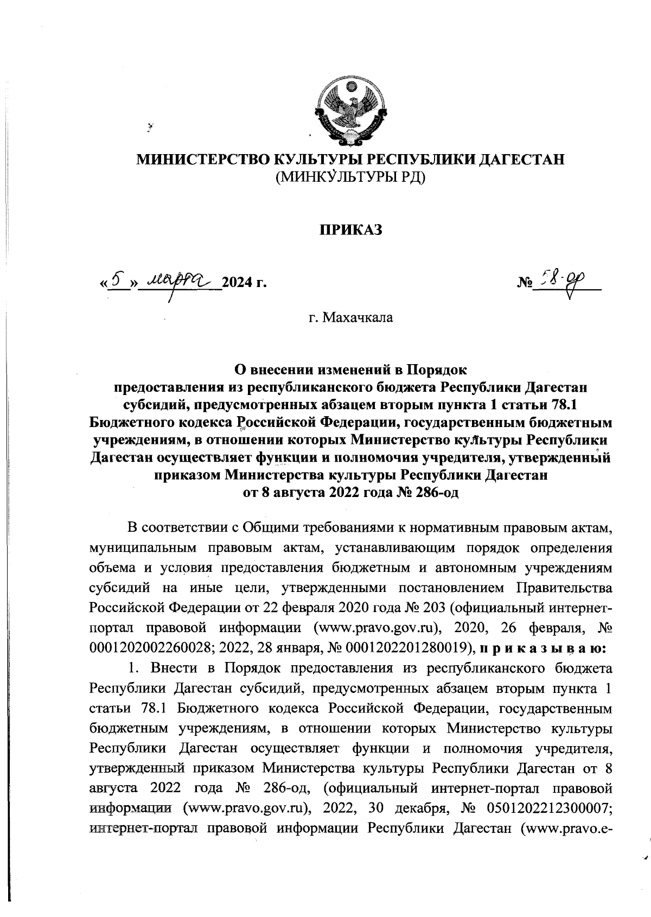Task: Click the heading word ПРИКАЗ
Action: click(350, 230)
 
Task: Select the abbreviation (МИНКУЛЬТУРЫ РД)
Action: click(350, 177)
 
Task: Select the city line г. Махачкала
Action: click(350, 317)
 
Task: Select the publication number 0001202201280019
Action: click(414, 648)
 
